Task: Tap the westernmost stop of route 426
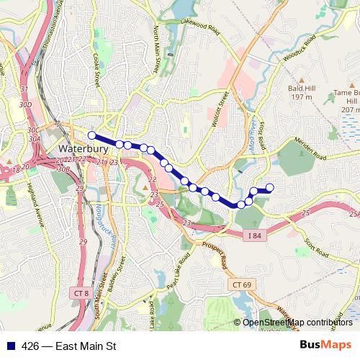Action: [91, 135]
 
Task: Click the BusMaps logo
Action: [326, 346]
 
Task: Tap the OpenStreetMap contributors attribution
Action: [296, 323]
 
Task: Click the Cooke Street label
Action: [96, 58]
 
